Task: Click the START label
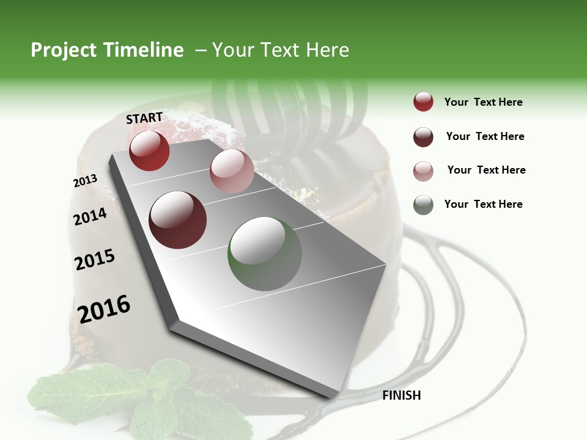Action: coord(144,117)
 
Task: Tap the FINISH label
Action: coord(401,395)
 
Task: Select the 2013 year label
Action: coord(85,180)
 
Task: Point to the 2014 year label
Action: coord(90,216)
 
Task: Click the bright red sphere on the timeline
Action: coord(149,150)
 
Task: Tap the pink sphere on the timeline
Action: coord(232,170)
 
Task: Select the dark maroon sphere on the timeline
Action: coord(178,220)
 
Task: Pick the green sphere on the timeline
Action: coord(265,254)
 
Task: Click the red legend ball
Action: coord(423,102)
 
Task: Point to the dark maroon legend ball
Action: coord(423,137)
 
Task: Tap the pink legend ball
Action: coord(423,171)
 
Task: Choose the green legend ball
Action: coord(423,205)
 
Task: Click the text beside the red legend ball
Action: coord(483,102)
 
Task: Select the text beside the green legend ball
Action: coord(483,204)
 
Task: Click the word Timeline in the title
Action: coord(144,50)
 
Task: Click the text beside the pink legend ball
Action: coord(486,170)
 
